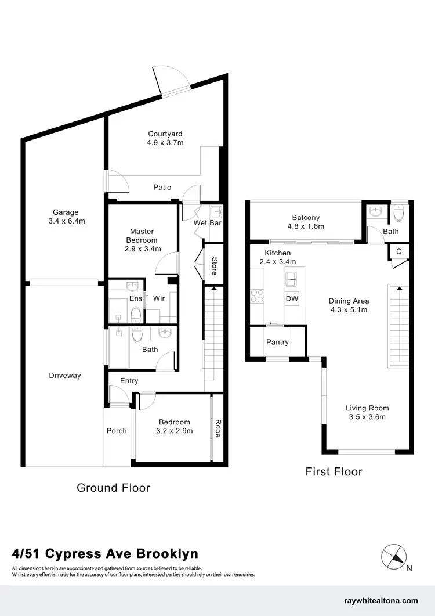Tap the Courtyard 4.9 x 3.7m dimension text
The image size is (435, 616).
(165, 142)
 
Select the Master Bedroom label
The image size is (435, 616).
(142, 236)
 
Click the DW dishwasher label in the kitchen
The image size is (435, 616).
(292, 298)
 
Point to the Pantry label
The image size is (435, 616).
(277, 342)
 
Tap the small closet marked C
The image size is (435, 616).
(398, 251)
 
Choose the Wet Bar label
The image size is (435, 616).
(208, 223)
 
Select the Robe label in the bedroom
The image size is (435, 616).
(218, 428)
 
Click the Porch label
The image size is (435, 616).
(117, 431)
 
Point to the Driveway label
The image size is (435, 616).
(64, 376)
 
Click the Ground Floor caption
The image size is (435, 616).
(113, 488)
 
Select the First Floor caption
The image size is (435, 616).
(333, 471)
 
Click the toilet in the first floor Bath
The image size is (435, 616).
(398, 214)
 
